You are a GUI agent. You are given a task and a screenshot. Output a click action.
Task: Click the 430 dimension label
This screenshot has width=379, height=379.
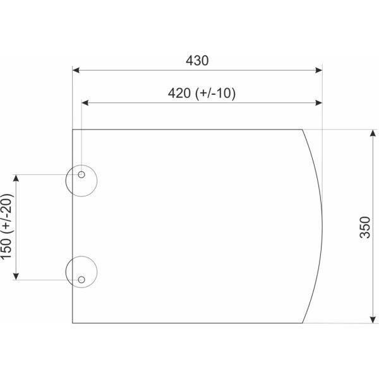[197, 61]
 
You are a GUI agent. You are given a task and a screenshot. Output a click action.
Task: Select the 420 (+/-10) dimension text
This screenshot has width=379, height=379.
[202, 93]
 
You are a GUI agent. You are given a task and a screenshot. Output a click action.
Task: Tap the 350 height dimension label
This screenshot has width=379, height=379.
[365, 227]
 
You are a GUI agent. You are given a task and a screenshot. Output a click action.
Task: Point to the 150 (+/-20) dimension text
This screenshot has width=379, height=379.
[6, 227]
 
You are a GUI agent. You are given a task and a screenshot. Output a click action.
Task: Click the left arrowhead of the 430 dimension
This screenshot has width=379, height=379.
[76, 70]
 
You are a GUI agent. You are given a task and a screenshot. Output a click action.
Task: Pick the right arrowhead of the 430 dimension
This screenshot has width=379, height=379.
[319, 70]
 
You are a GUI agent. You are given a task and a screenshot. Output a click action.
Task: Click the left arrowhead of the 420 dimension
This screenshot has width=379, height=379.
[85, 103]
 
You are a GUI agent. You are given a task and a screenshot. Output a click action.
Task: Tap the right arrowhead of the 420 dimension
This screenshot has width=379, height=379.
[319, 103]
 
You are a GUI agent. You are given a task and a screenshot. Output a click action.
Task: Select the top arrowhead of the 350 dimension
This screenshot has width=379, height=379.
[373, 133]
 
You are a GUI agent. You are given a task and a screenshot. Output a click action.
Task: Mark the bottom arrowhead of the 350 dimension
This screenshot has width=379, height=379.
[373, 320]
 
